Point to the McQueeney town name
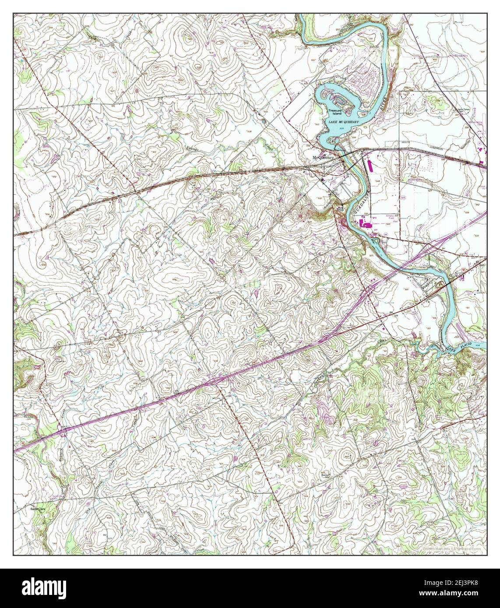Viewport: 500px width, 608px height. click(x=323, y=157)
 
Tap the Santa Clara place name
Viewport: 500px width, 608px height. click(x=38, y=509)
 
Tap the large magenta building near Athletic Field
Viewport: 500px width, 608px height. click(x=368, y=224)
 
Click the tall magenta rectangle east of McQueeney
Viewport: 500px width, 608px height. click(x=368, y=165)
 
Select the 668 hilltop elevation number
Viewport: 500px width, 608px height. click(x=347, y=458)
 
